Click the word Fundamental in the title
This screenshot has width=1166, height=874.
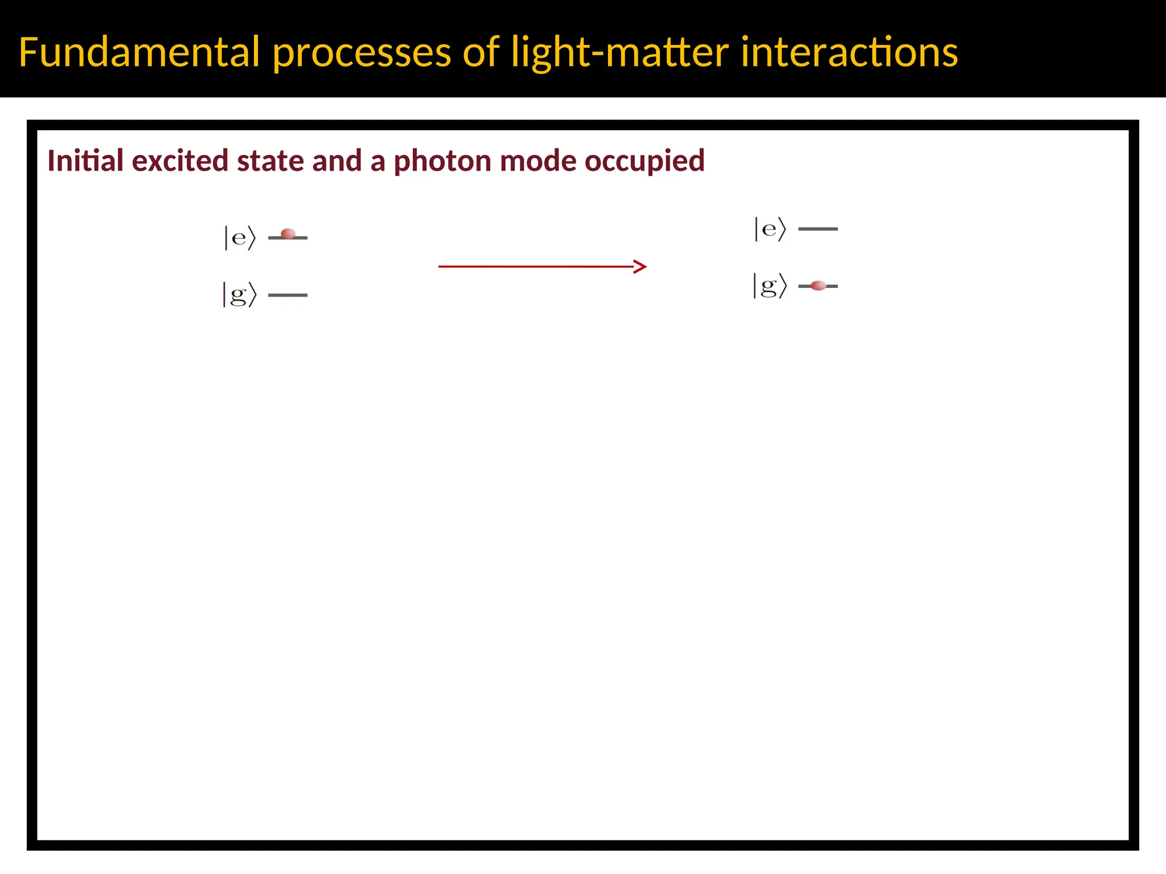139,52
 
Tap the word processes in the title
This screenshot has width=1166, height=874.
362,52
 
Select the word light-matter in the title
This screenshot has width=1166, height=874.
620,52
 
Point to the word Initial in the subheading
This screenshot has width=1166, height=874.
85,160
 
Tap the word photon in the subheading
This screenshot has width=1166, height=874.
442,162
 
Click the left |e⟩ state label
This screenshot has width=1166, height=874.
239,237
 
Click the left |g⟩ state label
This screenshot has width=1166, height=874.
239,295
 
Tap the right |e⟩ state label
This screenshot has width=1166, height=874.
770,229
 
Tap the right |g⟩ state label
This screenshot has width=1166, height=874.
770,286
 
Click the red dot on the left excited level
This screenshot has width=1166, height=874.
288,234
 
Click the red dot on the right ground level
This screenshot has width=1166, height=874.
818,286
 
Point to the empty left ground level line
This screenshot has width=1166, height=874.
288,295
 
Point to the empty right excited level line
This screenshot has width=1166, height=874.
818,229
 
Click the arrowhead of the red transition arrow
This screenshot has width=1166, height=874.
641,266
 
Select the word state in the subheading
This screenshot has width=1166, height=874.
270,160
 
